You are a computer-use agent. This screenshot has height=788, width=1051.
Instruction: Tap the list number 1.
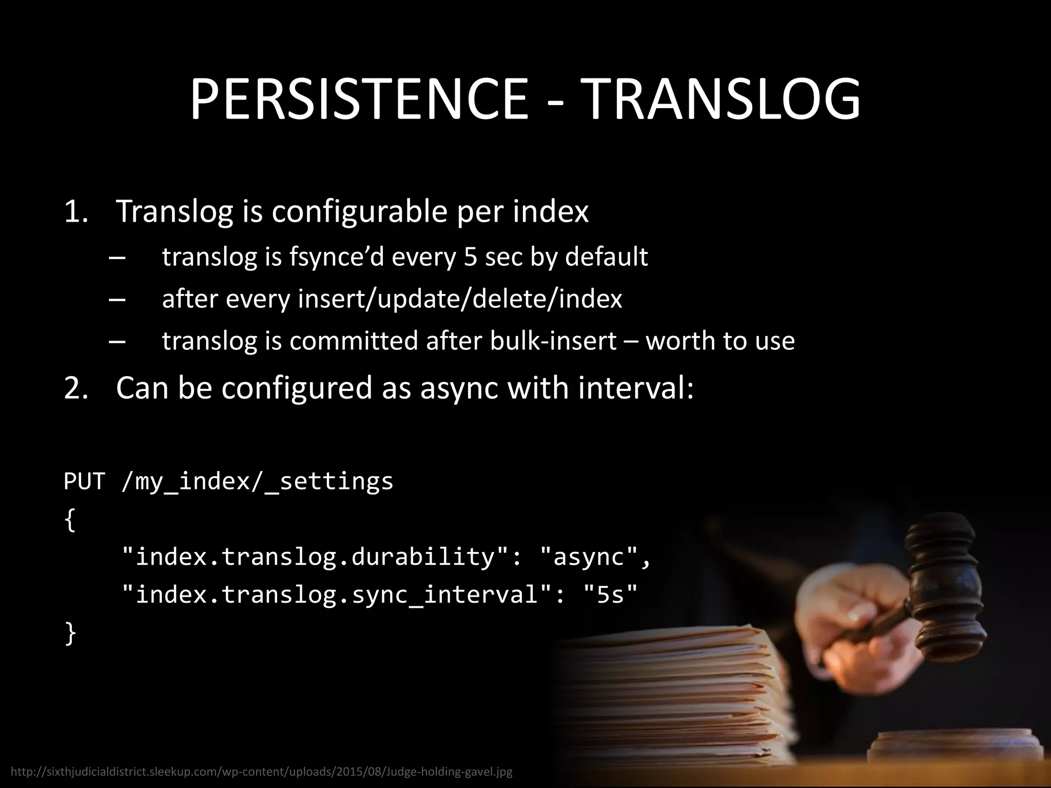75,211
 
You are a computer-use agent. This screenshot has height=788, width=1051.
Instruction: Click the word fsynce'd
336,257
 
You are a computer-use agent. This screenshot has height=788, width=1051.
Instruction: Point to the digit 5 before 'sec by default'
470,257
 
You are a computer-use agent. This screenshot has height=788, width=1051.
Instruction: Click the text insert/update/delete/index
460,299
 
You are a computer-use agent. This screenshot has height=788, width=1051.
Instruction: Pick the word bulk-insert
553,341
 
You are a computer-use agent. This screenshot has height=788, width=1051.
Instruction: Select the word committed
354,341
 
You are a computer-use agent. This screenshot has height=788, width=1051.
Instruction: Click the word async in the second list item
459,387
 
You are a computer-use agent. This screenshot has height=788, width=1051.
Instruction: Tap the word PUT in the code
85,481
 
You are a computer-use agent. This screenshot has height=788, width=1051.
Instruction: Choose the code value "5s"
611,595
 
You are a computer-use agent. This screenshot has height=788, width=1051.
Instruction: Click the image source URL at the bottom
261,772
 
